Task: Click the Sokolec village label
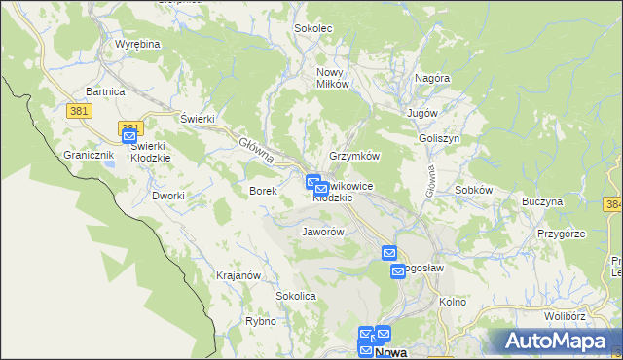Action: coord(313,28)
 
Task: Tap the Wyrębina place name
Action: coord(137,45)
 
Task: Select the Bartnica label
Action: coord(105,90)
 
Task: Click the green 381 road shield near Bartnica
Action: coord(80,111)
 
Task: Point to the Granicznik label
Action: coord(90,155)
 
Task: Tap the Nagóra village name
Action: coord(432,78)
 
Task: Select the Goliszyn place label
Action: coord(439,138)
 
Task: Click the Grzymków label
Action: coord(354,156)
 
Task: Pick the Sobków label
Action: coord(474,190)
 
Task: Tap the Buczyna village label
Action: coord(542,201)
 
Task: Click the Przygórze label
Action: coord(561,234)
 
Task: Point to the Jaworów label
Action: coord(323,233)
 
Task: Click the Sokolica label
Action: coord(297,295)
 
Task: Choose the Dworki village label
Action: coord(168,196)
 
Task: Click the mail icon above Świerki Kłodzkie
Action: coord(129,137)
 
